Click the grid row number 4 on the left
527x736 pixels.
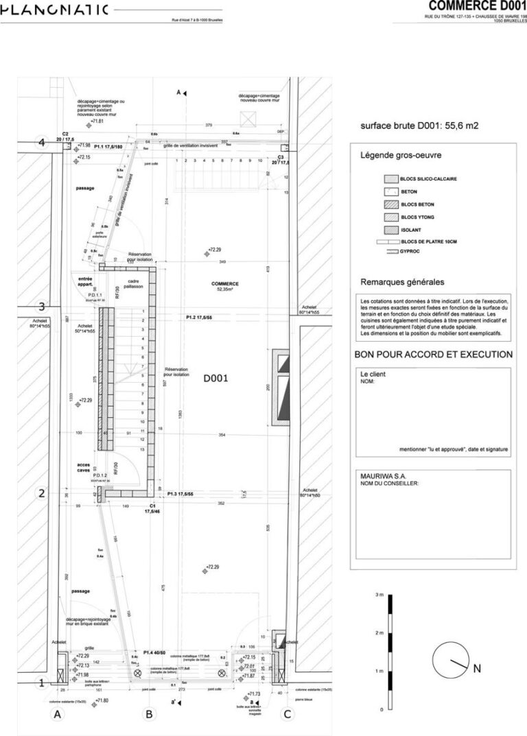pyautogui.click(x=42, y=143)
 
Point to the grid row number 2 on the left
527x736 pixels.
pyautogui.click(x=42, y=493)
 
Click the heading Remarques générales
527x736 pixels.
pyautogui.click(x=402, y=282)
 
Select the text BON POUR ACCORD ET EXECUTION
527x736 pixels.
pyautogui.click(x=433, y=355)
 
